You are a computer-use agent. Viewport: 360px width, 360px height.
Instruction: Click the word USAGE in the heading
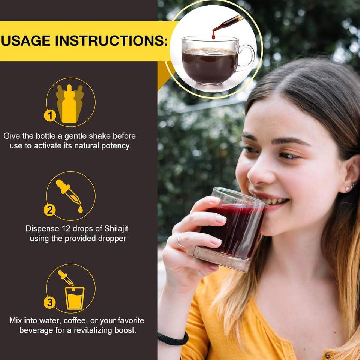coord(26,41)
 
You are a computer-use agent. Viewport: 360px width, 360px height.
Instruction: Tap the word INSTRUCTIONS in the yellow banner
coord(111,41)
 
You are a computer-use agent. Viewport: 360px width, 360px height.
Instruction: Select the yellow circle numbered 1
coord(50,115)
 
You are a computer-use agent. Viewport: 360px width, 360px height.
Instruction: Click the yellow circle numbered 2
coord(49,210)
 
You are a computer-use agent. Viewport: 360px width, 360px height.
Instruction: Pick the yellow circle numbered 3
coord(49,302)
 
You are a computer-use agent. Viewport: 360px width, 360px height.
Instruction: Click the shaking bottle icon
coord(70,103)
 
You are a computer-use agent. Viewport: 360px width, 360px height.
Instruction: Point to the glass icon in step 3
coord(75,298)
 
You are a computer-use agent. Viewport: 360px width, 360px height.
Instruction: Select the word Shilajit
coord(116,229)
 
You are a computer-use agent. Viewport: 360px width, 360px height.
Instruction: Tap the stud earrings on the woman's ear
coord(350,187)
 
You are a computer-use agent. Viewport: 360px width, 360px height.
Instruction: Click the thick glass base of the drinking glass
coord(222,259)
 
